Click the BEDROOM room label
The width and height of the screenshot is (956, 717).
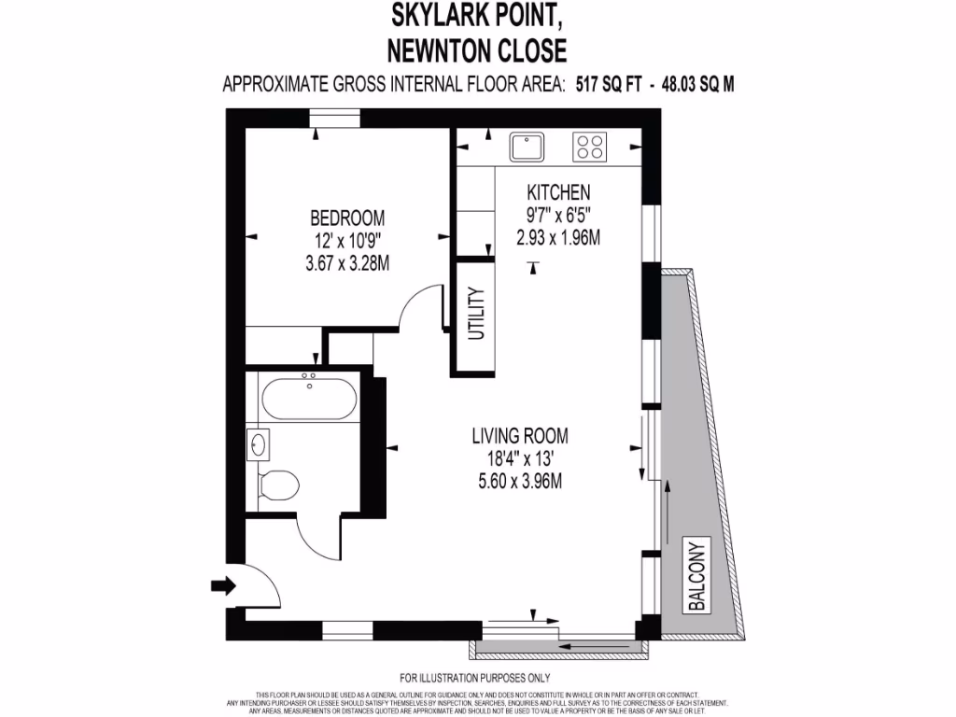click(347, 218)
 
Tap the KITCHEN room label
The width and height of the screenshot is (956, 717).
click(558, 192)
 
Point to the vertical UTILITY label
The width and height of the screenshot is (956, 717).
click(475, 315)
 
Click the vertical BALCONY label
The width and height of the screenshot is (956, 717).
click(696, 575)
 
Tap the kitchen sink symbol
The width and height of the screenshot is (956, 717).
click(527, 147)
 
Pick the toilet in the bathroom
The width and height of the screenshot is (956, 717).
click(277, 485)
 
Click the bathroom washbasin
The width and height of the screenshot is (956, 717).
click(258, 444)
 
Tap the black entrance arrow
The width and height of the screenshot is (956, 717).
click(224, 586)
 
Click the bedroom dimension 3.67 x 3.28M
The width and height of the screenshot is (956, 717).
click(347, 263)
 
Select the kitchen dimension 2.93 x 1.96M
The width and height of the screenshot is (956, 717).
click(558, 237)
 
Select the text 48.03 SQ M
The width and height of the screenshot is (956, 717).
click(697, 84)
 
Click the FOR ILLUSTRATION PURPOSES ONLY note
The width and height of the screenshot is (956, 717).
click(475, 678)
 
